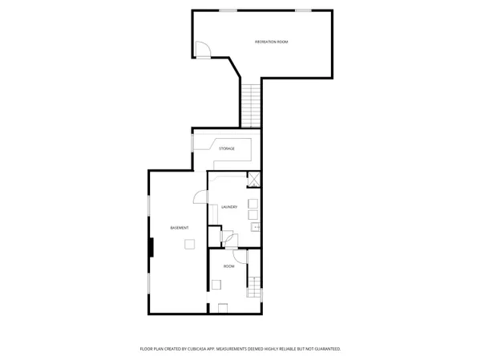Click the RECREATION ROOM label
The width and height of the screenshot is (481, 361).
(272, 41)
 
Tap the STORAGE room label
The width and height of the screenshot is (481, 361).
(228, 148)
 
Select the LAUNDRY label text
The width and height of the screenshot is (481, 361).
(228, 207)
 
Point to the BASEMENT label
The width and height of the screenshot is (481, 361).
(180, 229)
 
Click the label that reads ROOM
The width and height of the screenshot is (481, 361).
(228, 266)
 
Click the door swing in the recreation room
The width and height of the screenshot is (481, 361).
(203, 50)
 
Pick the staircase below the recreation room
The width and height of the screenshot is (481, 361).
(251, 105)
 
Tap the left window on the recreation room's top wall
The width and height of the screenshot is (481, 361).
(228, 10)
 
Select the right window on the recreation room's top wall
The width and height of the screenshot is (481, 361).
(303, 10)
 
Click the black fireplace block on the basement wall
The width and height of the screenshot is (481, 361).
(150, 246)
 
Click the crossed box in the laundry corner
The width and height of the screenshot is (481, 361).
(254, 180)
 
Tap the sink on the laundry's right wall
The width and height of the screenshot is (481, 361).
(255, 227)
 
